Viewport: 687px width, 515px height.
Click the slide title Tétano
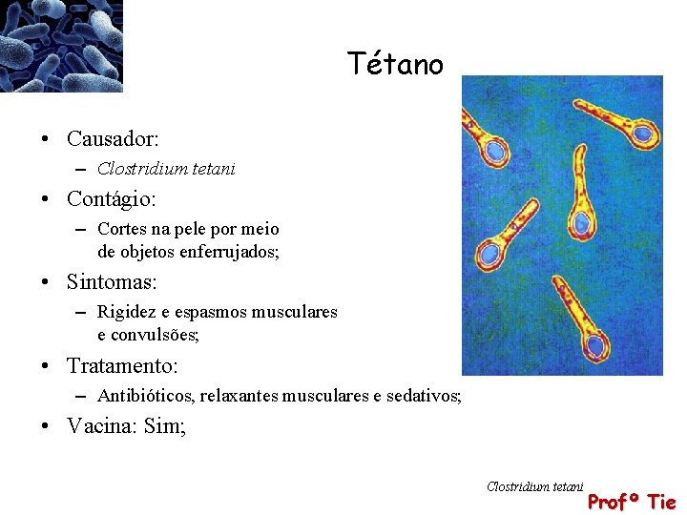click(x=395, y=64)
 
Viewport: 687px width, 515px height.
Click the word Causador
click(x=111, y=139)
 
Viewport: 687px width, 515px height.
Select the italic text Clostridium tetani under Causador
click(x=166, y=169)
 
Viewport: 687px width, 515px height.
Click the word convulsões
click(x=154, y=335)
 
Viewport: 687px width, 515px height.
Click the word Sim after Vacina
click(x=164, y=426)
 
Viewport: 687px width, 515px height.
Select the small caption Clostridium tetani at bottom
click(x=534, y=486)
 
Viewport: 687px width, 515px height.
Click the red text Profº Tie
click(x=631, y=502)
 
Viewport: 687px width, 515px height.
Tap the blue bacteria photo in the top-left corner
click(x=61, y=45)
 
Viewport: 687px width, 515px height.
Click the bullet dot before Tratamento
click(x=46, y=366)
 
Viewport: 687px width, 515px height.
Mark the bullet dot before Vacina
click(x=46, y=427)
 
